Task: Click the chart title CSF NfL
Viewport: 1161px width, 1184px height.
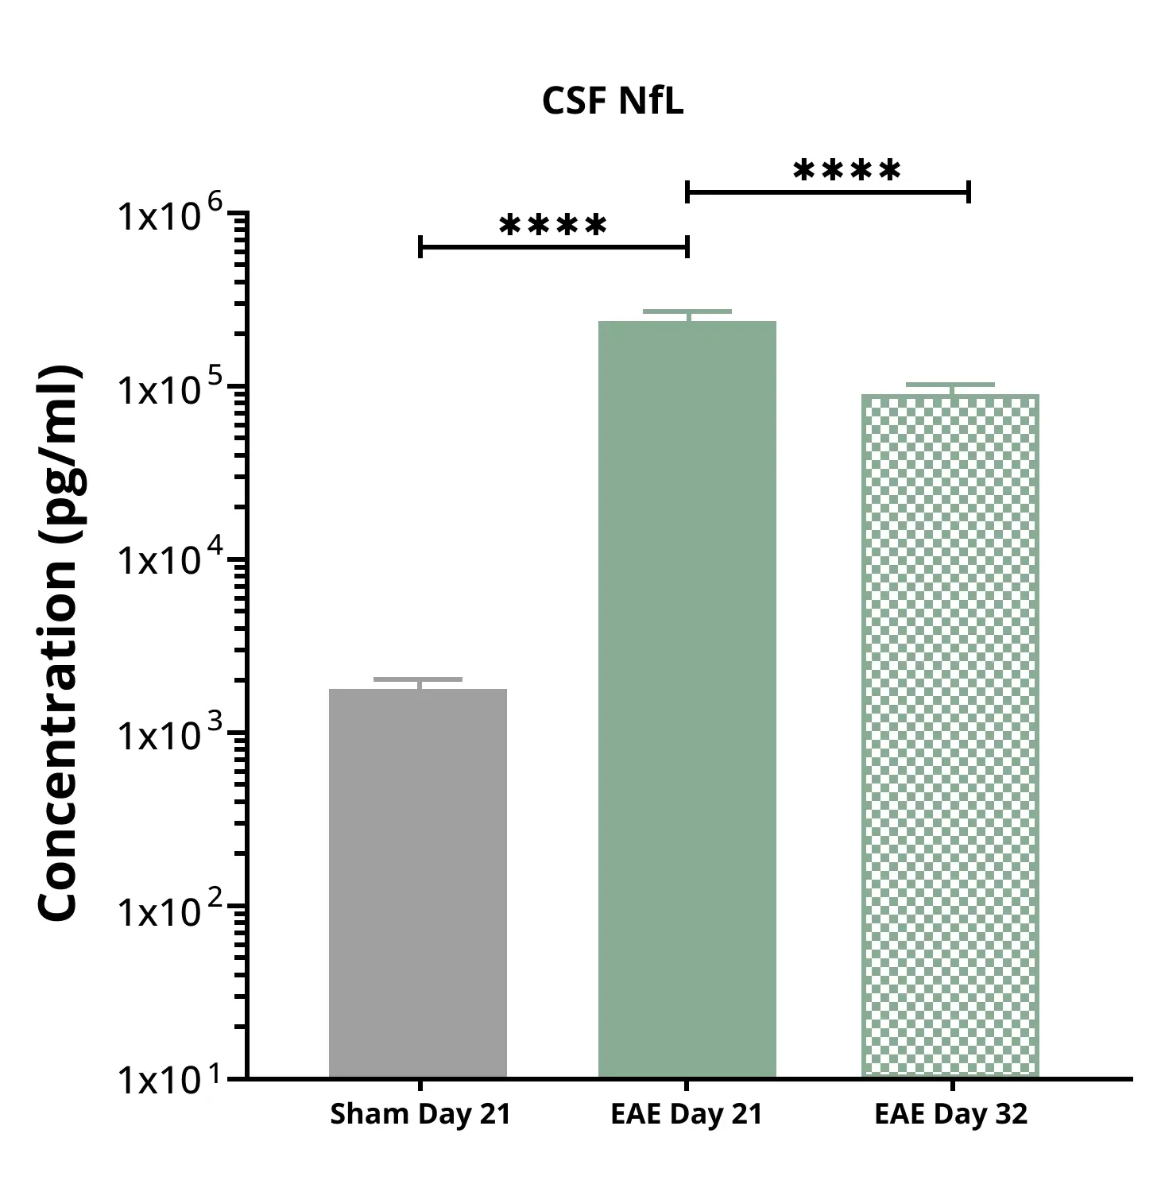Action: (612, 102)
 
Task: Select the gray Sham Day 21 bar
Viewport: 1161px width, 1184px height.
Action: (418, 882)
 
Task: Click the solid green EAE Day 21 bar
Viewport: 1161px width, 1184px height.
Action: (687, 699)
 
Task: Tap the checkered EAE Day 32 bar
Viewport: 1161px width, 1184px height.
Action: (950, 735)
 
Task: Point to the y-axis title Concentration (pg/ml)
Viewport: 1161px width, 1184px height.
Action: (60, 644)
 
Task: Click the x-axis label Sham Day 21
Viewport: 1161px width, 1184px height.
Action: (420, 1114)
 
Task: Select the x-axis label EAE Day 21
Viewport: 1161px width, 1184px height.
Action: (687, 1114)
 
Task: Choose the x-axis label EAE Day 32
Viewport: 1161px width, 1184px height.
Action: (950, 1114)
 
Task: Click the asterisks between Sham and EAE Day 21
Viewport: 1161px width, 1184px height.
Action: (553, 226)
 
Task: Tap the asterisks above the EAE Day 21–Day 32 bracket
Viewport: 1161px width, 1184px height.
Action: (847, 171)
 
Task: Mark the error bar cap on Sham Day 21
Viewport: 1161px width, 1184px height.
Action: (418, 679)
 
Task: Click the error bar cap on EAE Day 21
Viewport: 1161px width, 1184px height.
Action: (687, 311)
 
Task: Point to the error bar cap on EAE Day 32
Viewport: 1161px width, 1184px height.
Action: (950, 385)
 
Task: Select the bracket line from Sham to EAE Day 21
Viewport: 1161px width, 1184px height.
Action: (553, 247)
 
